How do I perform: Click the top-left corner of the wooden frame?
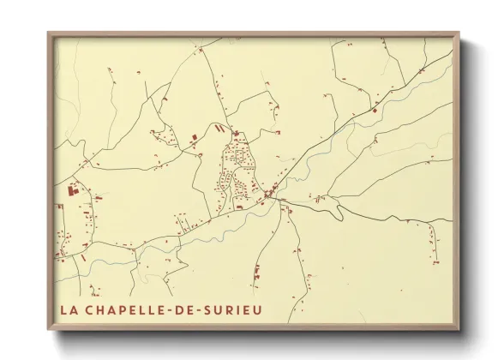pyautogui.click(x=47, y=33)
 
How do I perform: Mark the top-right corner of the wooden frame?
pyautogui.click(x=460, y=33)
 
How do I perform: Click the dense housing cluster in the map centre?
pyautogui.click(x=235, y=171)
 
